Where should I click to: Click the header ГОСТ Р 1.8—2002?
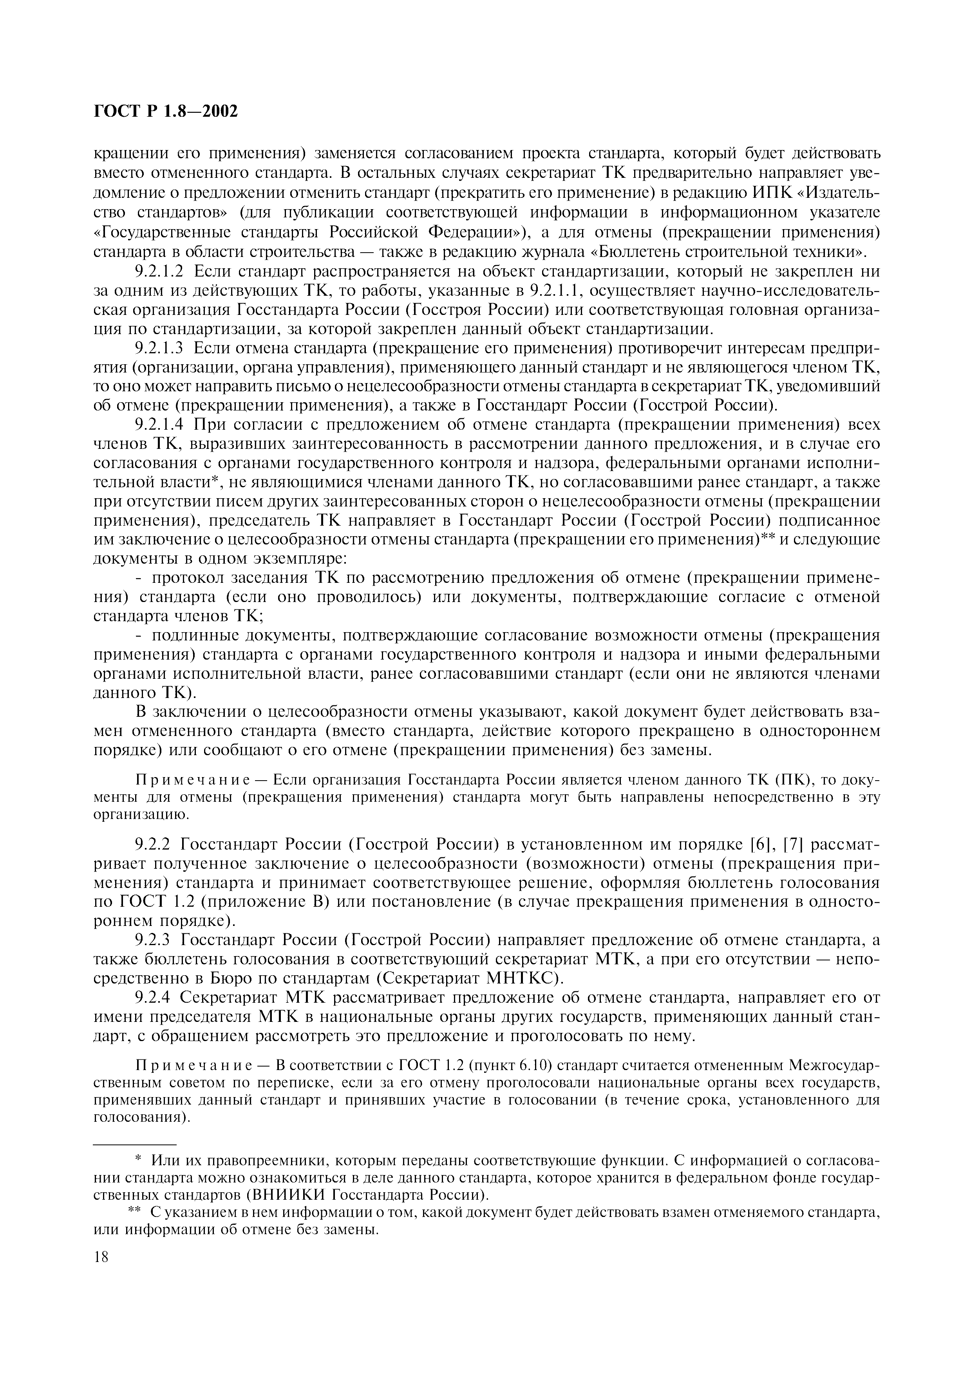166,111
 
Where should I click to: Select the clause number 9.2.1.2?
160,272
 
